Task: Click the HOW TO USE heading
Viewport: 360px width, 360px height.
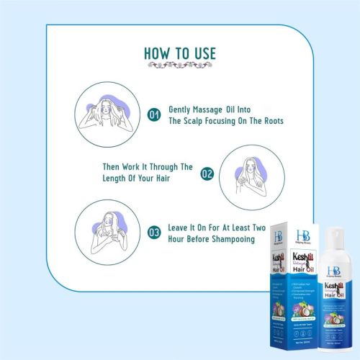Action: [179, 54]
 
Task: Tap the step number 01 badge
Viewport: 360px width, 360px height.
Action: [153, 114]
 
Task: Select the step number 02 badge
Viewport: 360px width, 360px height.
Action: [207, 174]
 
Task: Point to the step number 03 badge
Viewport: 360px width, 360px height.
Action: [153, 233]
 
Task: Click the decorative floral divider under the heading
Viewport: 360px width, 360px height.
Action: [179, 66]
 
